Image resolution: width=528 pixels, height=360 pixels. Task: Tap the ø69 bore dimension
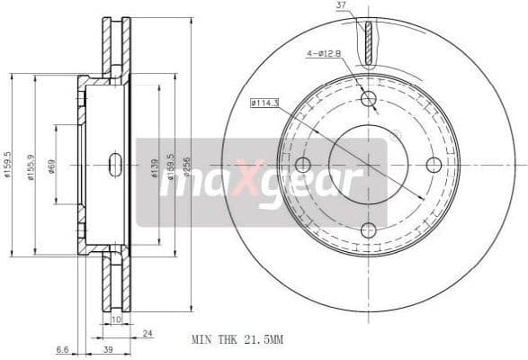(x=51, y=167)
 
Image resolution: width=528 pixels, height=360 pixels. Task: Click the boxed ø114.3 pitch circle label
(x=264, y=103)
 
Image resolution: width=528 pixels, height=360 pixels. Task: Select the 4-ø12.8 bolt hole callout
(x=321, y=54)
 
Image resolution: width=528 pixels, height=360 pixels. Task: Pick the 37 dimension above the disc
(x=341, y=7)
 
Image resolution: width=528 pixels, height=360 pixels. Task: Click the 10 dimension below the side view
(x=115, y=319)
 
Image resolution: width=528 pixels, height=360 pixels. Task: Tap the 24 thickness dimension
(x=146, y=333)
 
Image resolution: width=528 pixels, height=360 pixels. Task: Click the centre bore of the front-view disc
(x=369, y=165)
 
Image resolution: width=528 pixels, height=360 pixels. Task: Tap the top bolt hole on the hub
(x=369, y=99)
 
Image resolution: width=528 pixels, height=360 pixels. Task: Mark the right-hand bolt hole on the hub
(x=434, y=165)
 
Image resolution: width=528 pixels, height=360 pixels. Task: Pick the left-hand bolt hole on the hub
(x=303, y=165)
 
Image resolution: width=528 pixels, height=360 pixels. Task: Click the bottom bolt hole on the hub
(x=369, y=230)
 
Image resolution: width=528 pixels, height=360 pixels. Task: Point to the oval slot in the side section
(x=115, y=165)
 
